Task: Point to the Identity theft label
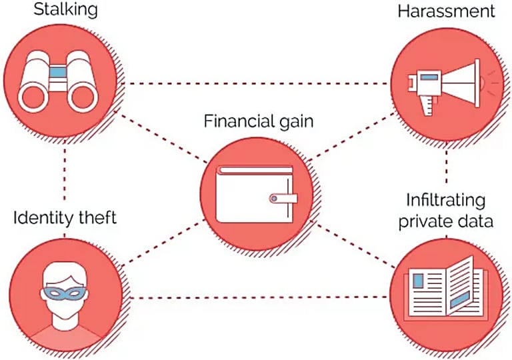pos(65,217)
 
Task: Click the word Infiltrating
pos(446,201)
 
